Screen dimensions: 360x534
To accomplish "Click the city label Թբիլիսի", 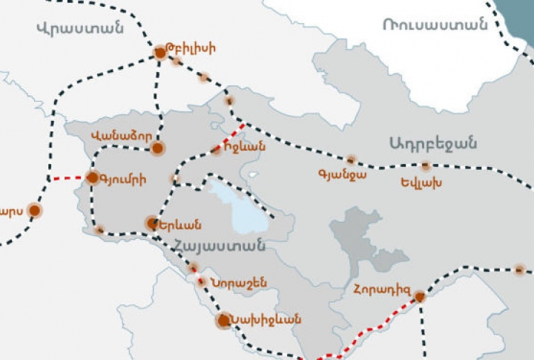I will [x=192, y=50].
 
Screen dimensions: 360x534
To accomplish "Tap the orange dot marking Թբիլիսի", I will [x=159, y=53].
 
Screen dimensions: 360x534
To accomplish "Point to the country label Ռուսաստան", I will [x=435, y=23].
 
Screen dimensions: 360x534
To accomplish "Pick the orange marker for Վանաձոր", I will [x=157, y=148].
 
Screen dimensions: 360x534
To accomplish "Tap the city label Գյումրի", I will [x=122, y=179].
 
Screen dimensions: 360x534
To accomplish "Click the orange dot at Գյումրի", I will [x=93, y=177].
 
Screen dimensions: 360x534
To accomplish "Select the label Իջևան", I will [x=244, y=147].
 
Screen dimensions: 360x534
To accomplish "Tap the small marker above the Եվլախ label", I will [x=425, y=166].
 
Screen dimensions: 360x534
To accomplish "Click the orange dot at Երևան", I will [x=152, y=223].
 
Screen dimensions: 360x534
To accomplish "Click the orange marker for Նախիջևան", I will [x=223, y=321].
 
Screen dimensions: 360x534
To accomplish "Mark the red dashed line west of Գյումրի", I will [x=66, y=179].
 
